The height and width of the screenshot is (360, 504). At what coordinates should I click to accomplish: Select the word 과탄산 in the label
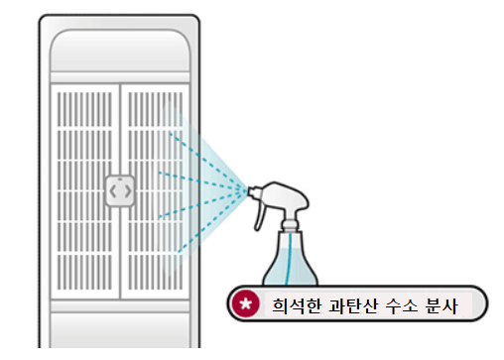pyautogui.click(x=349, y=304)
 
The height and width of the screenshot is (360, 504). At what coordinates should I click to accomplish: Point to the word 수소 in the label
pyautogui.click(x=404, y=304)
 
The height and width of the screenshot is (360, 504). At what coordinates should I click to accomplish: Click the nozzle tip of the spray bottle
pyautogui.click(x=249, y=188)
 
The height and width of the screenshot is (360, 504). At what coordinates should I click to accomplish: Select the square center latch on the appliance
pyautogui.click(x=120, y=189)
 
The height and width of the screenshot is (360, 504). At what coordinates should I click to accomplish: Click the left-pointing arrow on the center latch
pyautogui.click(x=113, y=189)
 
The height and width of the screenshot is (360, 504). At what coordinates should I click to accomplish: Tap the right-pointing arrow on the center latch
pyautogui.click(x=127, y=189)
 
